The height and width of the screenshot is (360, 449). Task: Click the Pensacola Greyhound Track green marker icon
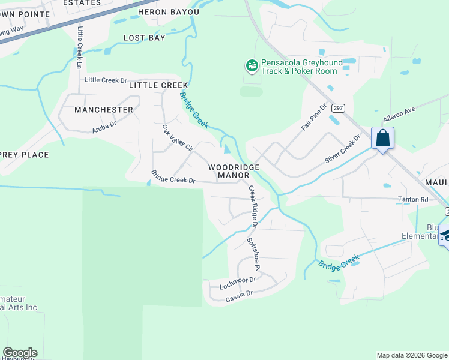coord(252,65)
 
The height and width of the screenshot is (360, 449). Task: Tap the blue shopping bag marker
coord(382,139)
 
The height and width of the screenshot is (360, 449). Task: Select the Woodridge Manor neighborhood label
coord(234,171)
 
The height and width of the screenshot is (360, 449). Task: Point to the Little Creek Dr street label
coord(106,80)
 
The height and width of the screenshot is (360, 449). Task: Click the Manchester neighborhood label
coord(104,110)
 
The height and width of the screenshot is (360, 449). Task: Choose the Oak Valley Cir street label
coord(178,138)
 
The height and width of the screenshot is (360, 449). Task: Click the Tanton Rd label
coord(412,200)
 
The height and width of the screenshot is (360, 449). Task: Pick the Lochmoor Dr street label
coord(238,280)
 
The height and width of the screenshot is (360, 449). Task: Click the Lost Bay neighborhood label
coord(144,38)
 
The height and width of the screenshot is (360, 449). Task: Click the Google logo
coord(20,353)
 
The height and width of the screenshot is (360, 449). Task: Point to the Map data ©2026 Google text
coord(411,355)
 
